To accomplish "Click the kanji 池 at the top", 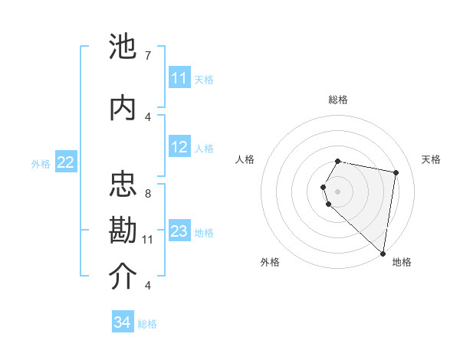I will click(x=123, y=48).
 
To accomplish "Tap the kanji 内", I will click(x=123, y=108).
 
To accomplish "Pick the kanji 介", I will click(x=123, y=277).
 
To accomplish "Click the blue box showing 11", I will click(x=179, y=78).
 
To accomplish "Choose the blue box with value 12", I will click(x=179, y=148).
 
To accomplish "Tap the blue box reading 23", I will click(x=179, y=231).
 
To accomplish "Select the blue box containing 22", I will click(x=66, y=162).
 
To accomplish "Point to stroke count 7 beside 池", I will click(x=147, y=56).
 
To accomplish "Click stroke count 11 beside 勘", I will click(x=147, y=239).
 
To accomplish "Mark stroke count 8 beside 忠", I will click(x=147, y=193).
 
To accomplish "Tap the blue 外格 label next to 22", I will click(x=41, y=163).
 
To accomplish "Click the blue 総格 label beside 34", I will click(x=147, y=324).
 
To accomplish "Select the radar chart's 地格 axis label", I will click(x=402, y=262).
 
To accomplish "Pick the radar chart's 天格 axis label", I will click(x=431, y=159).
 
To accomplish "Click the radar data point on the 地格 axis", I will click(x=383, y=254).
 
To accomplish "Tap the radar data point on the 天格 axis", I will click(x=396, y=173).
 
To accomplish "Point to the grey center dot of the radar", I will click(x=337, y=191).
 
